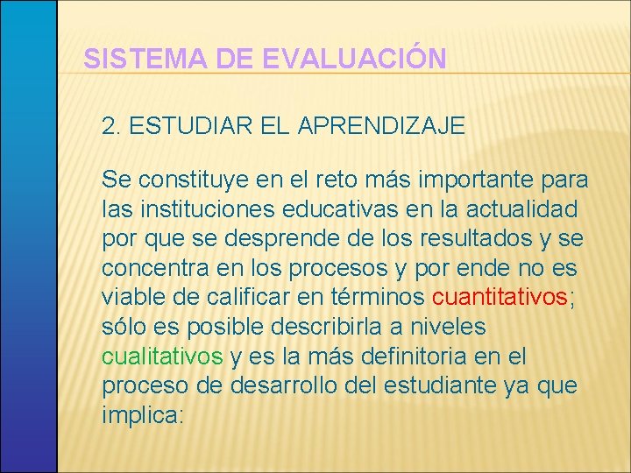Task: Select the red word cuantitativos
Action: click(500, 298)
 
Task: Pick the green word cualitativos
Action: click(162, 357)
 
